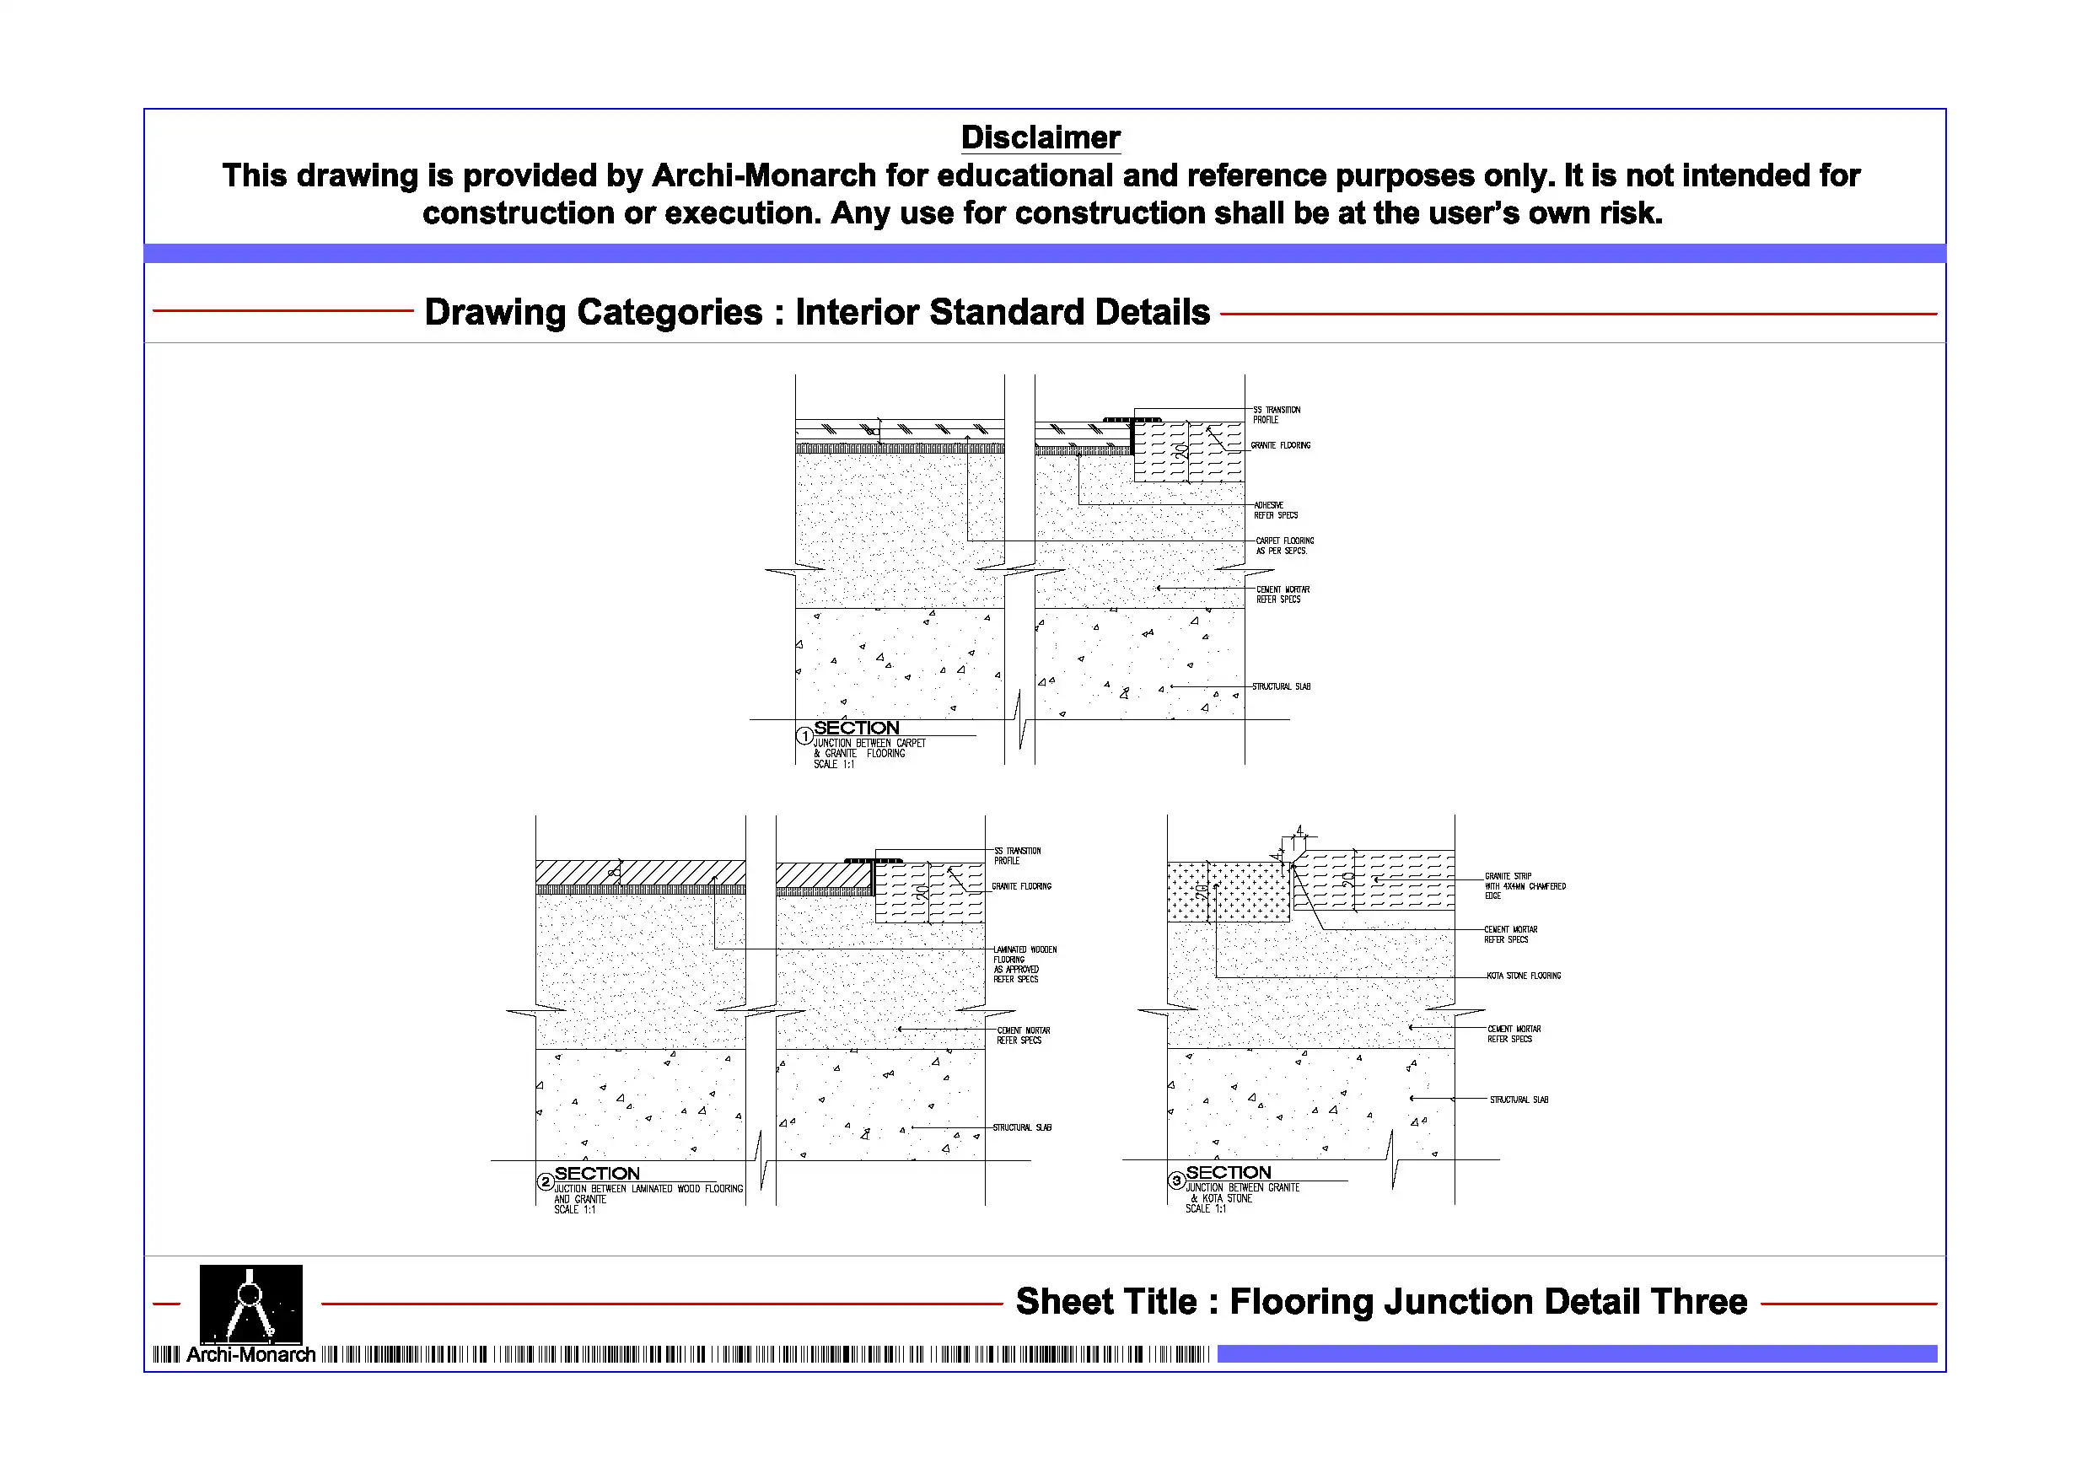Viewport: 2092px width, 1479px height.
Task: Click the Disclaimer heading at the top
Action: [1040, 137]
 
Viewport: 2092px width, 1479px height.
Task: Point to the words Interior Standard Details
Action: [1003, 312]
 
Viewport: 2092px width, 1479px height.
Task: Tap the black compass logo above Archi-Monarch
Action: [250, 1303]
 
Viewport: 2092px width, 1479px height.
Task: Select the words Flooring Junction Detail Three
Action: [1488, 1301]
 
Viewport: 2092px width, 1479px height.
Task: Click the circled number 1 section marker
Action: [804, 735]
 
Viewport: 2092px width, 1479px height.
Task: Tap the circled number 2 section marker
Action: [545, 1182]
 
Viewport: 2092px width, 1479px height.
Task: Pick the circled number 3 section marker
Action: [1176, 1181]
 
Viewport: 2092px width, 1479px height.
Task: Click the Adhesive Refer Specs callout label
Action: [1275, 510]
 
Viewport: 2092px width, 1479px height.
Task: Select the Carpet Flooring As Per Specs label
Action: [1284, 546]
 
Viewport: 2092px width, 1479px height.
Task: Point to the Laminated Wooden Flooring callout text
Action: [1024, 964]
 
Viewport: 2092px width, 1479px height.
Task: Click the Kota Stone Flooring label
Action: [1524, 976]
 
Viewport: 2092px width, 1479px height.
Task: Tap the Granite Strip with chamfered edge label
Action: [1525, 885]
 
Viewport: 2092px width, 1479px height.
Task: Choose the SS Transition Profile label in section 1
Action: [1276, 415]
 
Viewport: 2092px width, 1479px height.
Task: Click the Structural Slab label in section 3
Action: [1519, 1100]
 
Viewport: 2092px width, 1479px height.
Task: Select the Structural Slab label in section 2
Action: [1021, 1128]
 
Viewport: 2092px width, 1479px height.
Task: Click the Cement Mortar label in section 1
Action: [1282, 594]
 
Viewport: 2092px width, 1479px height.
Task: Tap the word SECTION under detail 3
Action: [1229, 1173]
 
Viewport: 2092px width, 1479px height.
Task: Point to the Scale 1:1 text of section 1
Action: [834, 765]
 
